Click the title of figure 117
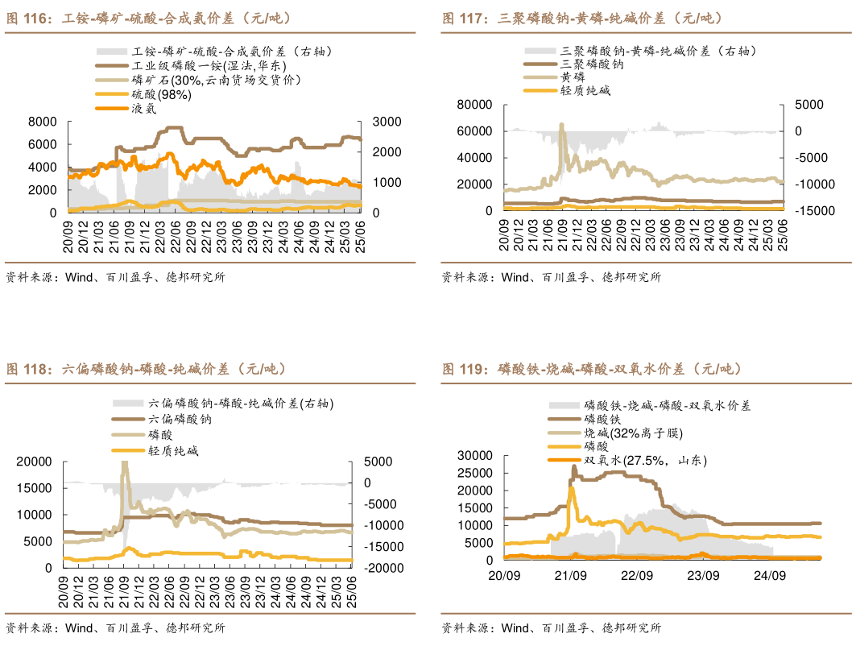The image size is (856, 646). [582, 18]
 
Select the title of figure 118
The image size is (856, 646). [146, 369]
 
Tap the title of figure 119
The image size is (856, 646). [591, 369]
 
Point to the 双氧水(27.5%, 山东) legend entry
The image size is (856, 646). [645, 461]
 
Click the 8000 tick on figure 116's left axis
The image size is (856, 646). [42, 122]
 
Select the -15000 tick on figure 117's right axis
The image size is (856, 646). [809, 211]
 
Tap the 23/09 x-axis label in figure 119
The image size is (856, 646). [703, 576]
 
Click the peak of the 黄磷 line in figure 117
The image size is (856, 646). [562, 124]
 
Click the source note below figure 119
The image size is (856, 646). [551, 627]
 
